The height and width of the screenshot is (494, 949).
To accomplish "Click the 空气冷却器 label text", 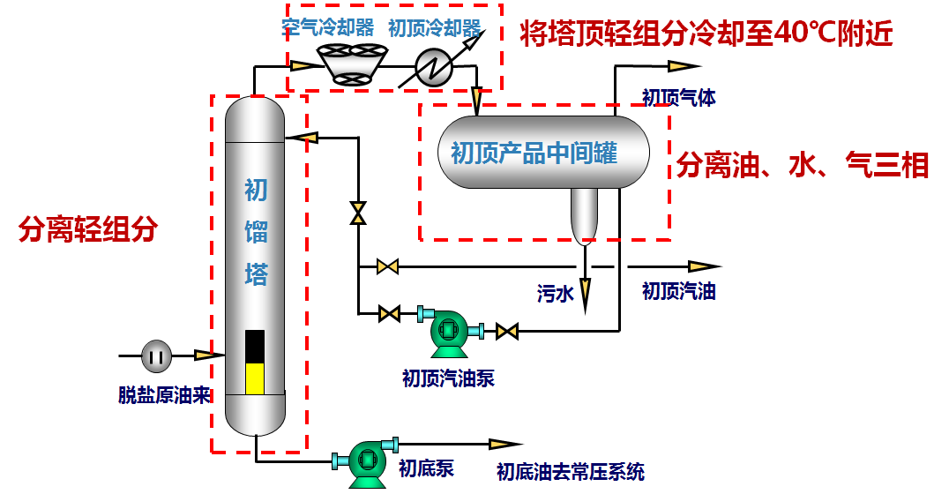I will pyautogui.click(x=329, y=27).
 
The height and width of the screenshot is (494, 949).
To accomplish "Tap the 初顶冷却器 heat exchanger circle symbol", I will pyautogui.click(x=434, y=66).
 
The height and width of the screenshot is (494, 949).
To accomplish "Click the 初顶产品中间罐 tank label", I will pyautogui.click(x=534, y=153).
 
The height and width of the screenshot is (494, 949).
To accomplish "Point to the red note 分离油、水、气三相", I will pyautogui.click(x=803, y=165).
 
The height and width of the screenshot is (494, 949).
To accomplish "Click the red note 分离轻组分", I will pyautogui.click(x=88, y=229).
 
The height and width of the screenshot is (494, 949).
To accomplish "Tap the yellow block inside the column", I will pyautogui.click(x=254, y=378).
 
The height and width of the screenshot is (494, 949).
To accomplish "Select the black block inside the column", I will pyautogui.click(x=254, y=346).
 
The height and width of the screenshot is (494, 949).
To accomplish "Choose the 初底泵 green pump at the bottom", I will pyautogui.click(x=366, y=462).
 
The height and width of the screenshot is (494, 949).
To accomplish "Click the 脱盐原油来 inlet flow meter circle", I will pyautogui.click(x=157, y=356).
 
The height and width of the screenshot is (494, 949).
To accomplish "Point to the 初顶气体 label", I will pyautogui.click(x=678, y=97).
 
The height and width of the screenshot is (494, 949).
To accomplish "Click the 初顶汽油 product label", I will pyautogui.click(x=678, y=291).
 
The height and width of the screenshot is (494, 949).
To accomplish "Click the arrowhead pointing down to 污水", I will pyautogui.click(x=584, y=295).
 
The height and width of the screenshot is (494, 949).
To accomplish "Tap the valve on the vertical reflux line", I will pyautogui.click(x=358, y=213).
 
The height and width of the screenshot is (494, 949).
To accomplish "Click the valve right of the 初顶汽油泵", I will pyautogui.click(x=507, y=332).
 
